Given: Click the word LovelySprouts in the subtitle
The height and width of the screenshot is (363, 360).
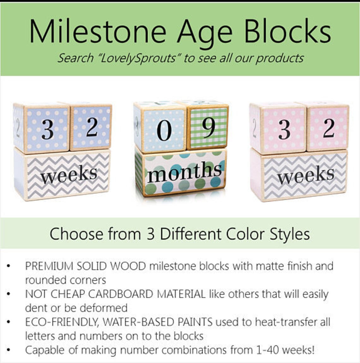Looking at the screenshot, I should pyautogui.click(x=138, y=58).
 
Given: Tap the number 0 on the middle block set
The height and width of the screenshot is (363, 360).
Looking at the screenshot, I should pyautogui.click(x=164, y=130).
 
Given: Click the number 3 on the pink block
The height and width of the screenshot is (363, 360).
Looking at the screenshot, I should pyautogui.click(x=284, y=130).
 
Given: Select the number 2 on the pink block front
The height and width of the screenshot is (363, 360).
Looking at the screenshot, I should pyautogui.click(x=328, y=128).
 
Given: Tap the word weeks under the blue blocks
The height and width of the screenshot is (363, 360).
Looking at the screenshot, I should pyautogui.click(x=69, y=175).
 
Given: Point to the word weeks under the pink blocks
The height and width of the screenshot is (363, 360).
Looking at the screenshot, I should pyautogui.click(x=306, y=175).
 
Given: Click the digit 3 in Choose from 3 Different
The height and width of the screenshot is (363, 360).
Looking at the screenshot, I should pyautogui.click(x=150, y=234).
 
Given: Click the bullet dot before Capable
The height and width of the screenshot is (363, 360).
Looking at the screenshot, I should pyautogui.click(x=9, y=350).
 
